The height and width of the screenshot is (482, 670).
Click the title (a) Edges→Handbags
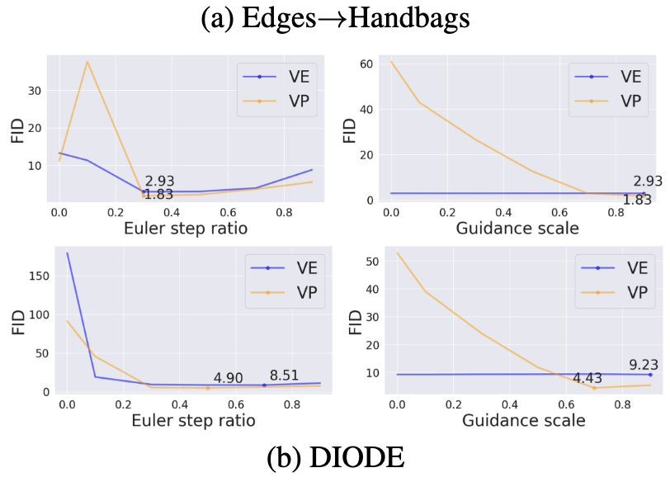[x=335, y=18]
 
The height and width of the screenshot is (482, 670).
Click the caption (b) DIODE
[x=335, y=459]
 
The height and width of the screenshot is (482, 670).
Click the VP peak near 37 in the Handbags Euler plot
[x=87, y=62]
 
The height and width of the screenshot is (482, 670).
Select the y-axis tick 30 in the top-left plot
[x=35, y=90]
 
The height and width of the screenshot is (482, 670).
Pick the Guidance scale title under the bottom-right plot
[x=523, y=420]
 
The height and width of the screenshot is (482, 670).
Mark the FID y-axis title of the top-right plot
[x=347, y=130]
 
